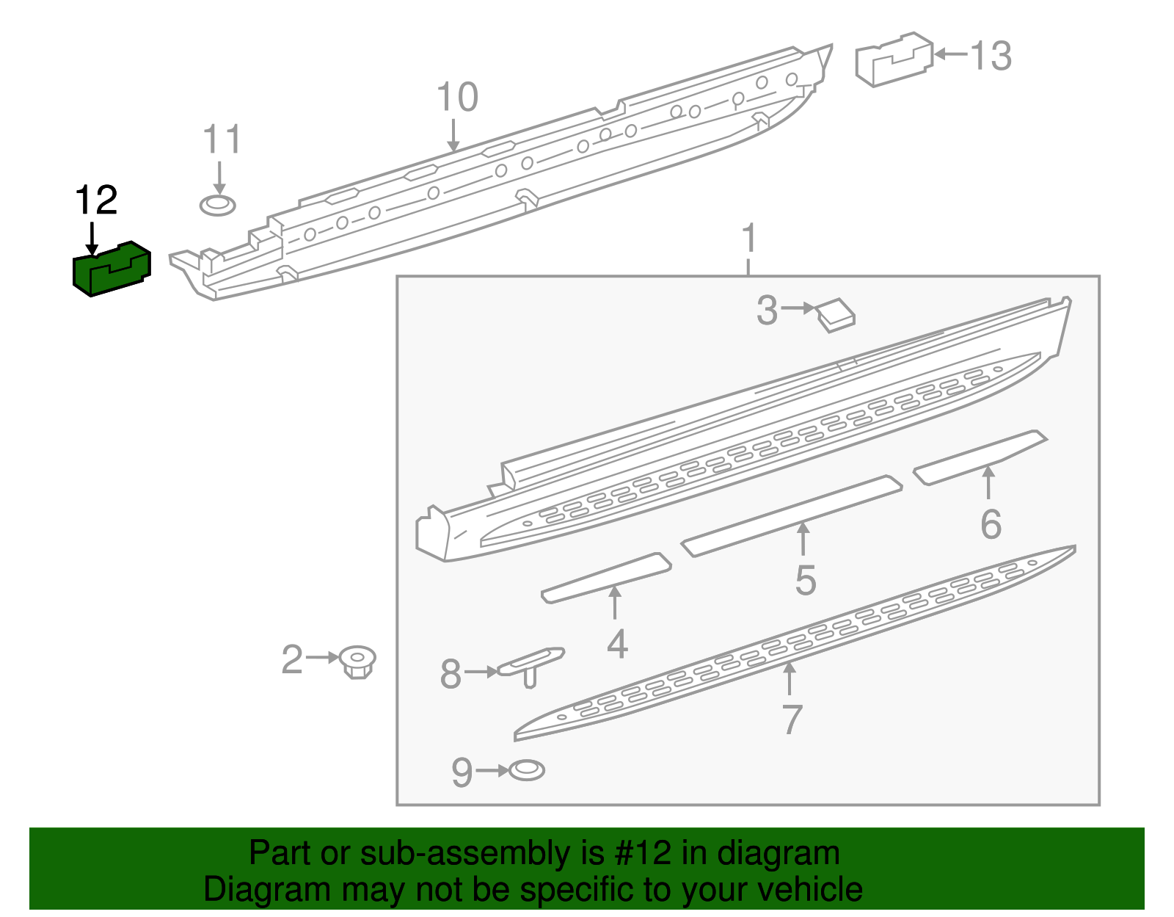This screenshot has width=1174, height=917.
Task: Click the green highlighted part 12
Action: point(112,269)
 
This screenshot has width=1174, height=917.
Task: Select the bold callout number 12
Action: point(96,200)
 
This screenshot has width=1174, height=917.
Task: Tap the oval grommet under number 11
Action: point(218,206)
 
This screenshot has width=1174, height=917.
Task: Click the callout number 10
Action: point(457,97)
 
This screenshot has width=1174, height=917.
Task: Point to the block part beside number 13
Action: point(894,59)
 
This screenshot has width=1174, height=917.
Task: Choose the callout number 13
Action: point(991,56)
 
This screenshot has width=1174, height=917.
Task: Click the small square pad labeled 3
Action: point(836,316)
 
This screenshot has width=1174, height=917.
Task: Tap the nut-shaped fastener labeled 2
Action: point(357,662)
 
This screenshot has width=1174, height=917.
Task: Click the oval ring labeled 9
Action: point(527,770)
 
